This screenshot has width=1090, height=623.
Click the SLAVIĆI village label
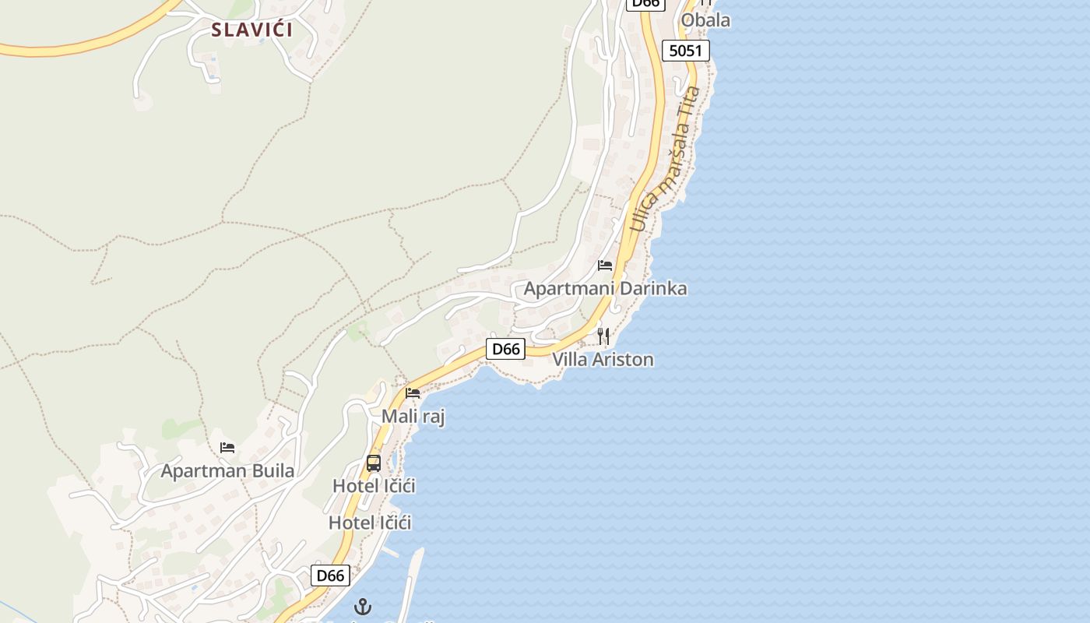coord(251,30)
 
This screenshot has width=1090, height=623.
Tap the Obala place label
coord(705,20)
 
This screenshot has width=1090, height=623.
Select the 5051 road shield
coord(686,51)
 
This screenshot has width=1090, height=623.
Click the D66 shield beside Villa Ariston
coord(506,349)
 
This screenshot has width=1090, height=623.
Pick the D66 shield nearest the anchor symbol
coord(330,575)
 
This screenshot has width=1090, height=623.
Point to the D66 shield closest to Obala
coord(645,3)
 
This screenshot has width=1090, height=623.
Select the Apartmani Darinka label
coord(605,289)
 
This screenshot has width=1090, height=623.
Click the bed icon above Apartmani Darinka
coord(605,266)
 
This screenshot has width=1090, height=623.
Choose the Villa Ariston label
coord(603,360)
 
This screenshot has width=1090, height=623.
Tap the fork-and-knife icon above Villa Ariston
coord(603,336)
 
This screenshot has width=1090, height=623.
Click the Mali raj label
coord(413,417)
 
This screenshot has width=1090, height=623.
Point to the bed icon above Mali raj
coord(413,393)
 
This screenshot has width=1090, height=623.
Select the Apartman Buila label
coord(227,471)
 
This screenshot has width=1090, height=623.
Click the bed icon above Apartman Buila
coord(227,448)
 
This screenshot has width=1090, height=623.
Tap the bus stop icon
coord(374,463)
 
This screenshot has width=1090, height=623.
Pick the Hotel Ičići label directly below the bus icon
coord(374,486)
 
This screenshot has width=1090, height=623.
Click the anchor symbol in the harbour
coord(363,607)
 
